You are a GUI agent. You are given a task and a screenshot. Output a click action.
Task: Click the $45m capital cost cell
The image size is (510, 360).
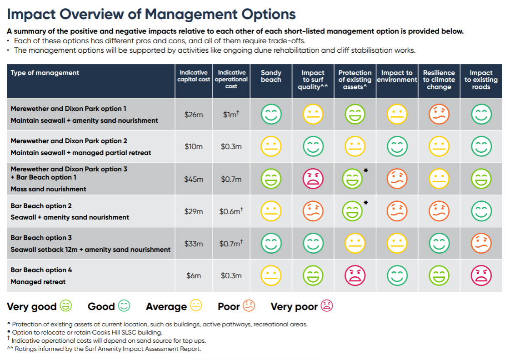(x=193, y=179)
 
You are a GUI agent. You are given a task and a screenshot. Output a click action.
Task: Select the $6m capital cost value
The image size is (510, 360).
(x=193, y=275)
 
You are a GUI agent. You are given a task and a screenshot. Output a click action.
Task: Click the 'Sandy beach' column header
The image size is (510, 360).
(x=271, y=76)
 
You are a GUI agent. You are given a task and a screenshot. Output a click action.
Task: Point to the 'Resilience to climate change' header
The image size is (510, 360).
(x=439, y=80)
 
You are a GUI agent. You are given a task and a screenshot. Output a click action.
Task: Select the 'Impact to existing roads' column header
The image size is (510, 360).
(x=481, y=80)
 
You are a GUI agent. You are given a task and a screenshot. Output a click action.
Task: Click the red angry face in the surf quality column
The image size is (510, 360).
(x=313, y=179)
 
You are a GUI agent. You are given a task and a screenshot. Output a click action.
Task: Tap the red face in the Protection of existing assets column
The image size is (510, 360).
(x=355, y=275)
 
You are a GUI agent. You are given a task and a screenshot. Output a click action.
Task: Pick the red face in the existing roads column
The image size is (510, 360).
(x=481, y=275)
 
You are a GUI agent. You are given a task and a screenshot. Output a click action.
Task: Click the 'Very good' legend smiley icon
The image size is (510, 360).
(x=66, y=306)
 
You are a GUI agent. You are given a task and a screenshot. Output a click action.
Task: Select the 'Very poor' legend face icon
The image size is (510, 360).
(x=327, y=306)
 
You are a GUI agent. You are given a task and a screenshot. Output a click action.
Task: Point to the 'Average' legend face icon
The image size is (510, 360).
(x=196, y=306)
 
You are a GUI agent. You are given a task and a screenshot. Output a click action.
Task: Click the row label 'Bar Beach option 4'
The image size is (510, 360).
(x=41, y=270)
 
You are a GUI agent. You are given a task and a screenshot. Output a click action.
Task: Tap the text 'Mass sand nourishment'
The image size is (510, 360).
(x=48, y=189)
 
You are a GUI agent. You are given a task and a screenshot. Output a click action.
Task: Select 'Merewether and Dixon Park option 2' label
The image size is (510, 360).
(x=69, y=141)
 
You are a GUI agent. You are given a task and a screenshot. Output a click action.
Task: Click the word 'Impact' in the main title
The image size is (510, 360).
(x=35, y=15)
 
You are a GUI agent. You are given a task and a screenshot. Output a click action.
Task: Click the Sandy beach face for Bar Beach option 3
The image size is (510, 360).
(x=271, y=243)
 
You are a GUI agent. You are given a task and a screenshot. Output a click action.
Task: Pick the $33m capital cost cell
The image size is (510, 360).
(x=193, y=244)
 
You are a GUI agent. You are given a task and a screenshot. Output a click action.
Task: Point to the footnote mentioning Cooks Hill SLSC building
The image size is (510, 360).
(x=86, y=332)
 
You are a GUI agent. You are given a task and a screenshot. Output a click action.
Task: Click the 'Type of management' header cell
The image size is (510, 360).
(x=45, y=73)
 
